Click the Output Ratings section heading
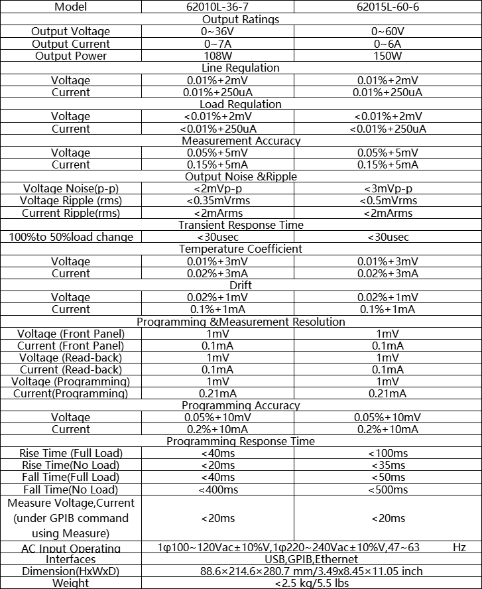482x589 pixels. click(x=240, y=19)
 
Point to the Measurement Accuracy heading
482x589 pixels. click(x=241, y=141)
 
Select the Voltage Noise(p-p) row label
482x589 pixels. click(x=71, y=189)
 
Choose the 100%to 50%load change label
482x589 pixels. click(x=71, y=237)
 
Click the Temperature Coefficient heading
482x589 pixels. click(x=241, y=249)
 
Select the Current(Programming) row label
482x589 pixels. click(x=71, y=394)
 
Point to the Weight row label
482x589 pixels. click(x=71, y=583)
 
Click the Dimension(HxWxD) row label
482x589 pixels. click(x=71, y=571)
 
